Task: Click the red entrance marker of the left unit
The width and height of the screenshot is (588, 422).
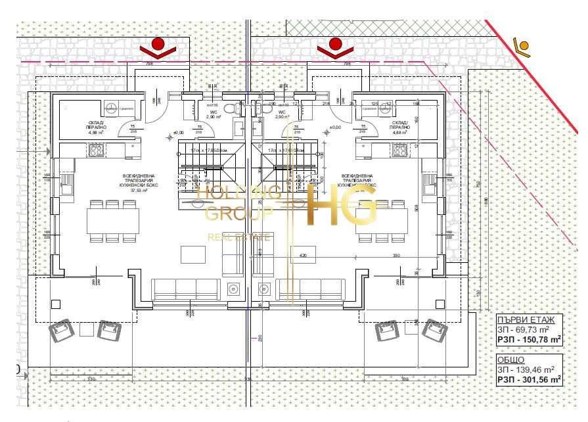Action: click(157, 45)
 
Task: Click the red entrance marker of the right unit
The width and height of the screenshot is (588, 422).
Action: click(335, 45)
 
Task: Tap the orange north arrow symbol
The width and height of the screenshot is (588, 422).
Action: click(524, 45)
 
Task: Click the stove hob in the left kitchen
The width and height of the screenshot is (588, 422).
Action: click(96, 151)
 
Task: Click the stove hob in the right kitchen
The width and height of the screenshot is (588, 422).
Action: click(399, 151)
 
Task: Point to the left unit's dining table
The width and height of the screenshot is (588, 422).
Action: click(113, 220)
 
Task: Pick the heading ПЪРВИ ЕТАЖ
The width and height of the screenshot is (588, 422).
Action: click(526, 319)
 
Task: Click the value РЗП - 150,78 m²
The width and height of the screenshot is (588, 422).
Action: click(529, 339)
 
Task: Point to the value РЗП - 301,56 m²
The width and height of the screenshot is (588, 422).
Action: click(529, 379)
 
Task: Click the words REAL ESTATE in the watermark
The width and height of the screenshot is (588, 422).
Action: click(239, 237)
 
